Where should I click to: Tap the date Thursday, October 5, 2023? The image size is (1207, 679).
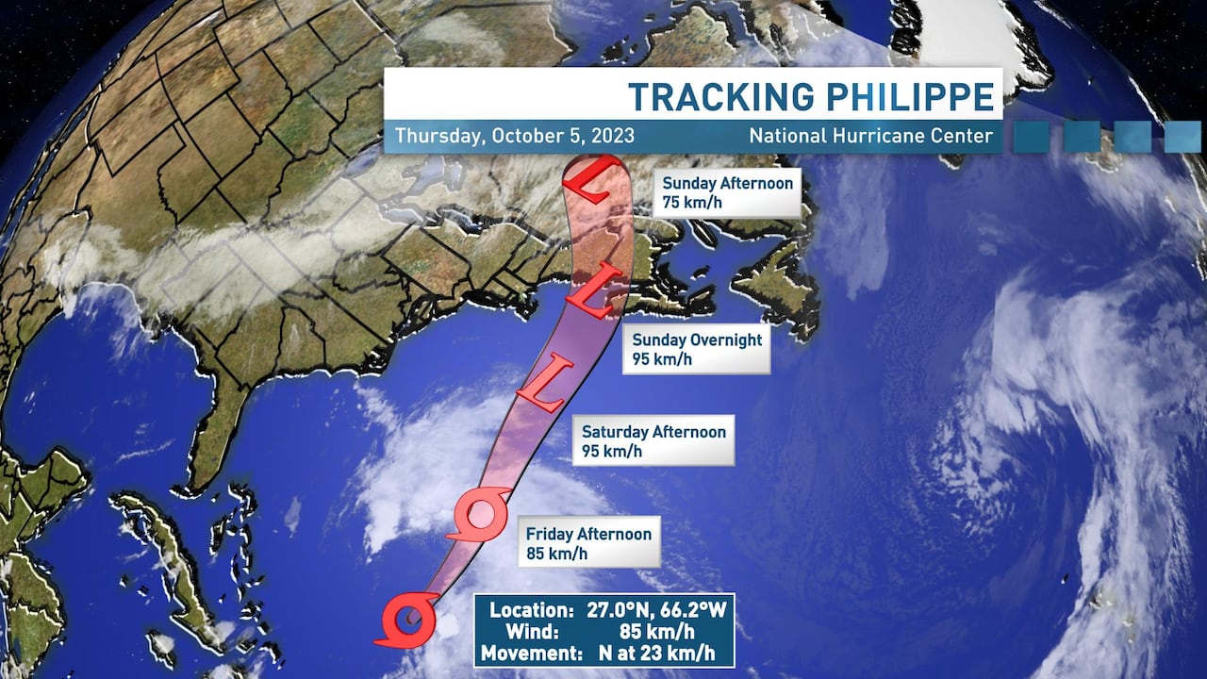[x=514, y=136]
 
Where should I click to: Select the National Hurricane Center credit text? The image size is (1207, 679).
[x=870, y=136]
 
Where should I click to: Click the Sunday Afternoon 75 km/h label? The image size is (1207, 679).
[x=726, y=192]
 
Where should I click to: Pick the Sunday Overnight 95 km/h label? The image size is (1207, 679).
[x=696, y=349]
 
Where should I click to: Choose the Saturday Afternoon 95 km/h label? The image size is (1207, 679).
[x=653, y=441]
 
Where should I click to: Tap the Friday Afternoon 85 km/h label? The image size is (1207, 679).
[x=588, y=543]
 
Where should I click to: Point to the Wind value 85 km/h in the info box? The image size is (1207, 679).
[x=651, y=631]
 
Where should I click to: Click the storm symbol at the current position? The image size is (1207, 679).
[x=407, y=620]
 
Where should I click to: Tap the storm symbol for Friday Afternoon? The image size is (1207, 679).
[x=478, y=515]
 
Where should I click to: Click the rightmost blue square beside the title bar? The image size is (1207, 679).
[x=1182, y=137]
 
